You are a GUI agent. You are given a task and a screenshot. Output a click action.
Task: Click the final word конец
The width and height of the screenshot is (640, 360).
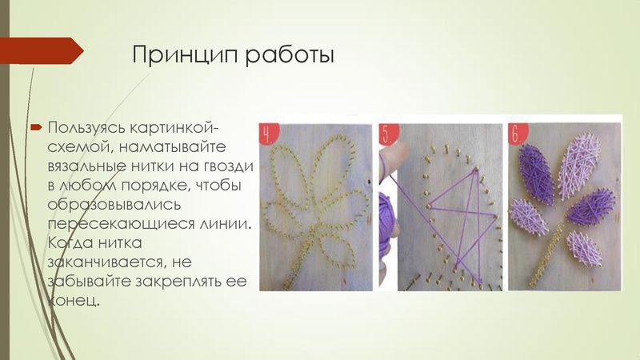tap(74, 300)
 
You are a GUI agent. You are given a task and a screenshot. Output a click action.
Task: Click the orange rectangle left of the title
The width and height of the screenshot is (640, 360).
tap(43, 52)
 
